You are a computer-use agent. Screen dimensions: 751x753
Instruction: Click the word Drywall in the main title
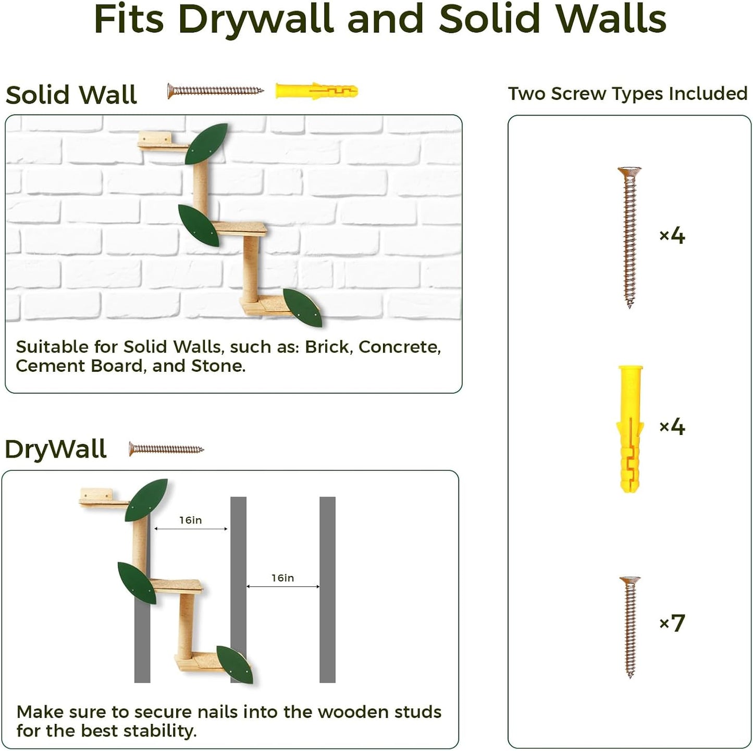tap(256, 19)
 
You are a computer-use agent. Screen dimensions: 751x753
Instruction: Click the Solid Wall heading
tap(71, 95)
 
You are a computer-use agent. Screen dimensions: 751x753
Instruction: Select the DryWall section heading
tap(56, 449)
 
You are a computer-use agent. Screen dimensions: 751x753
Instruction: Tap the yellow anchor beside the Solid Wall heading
tap(316, 91)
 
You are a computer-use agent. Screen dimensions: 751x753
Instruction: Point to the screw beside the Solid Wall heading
tap(215, 91)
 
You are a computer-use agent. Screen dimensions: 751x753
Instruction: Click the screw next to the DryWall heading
tap(166, 449)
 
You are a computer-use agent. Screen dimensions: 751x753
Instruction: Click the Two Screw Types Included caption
tap(627, 94)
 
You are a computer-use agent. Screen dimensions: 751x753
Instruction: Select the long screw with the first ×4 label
tap(629, 237)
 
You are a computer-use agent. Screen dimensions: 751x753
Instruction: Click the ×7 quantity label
tap(672, 623)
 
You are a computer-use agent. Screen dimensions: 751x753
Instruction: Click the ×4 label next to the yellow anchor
tap(672, 427)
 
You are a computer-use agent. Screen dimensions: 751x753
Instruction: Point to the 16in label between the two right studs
tap(282, 578)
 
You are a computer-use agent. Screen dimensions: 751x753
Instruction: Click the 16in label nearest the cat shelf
tap(190, 520)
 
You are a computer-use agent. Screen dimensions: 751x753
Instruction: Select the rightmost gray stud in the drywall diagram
tap(327, 589)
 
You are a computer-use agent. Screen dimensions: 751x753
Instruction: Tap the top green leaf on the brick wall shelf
tap(206, 144)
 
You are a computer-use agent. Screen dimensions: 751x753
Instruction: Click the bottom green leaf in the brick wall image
tap(302, 307)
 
